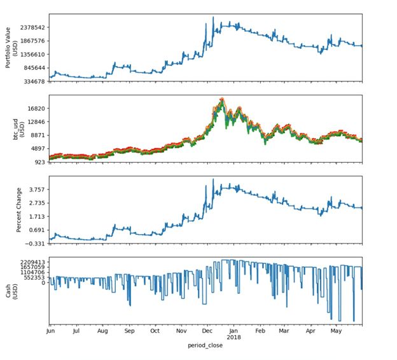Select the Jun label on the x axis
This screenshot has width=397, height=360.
coord(50,331)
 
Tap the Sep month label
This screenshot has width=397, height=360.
coord(129,331)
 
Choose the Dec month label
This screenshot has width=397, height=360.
coord(207,331)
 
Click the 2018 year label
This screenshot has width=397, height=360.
coord(234,337)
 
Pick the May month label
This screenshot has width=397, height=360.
coord(337,331)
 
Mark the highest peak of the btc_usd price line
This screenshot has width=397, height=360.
coord(222,99)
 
